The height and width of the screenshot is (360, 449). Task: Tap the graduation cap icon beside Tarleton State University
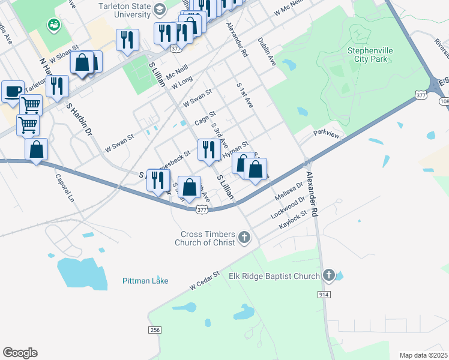pyautogui.click(x=159, y=10)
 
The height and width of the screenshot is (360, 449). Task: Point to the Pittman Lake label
pyautogui.click(x=145, y=281)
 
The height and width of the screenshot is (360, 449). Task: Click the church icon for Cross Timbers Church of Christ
pyautogui.click(x=244, y=238)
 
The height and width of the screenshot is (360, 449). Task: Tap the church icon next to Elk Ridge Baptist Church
pyautogui.click(x=328, y=276)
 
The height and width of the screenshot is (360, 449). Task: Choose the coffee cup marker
pyautogui.click(x=13, y=92)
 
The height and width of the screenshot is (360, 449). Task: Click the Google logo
pyautogui.click(x=20, y=352)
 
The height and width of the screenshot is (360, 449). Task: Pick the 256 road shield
pyautogui.click(x=155, y=330)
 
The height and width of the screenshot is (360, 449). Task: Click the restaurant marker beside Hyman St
pyautogui.click(x=208, y=150)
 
